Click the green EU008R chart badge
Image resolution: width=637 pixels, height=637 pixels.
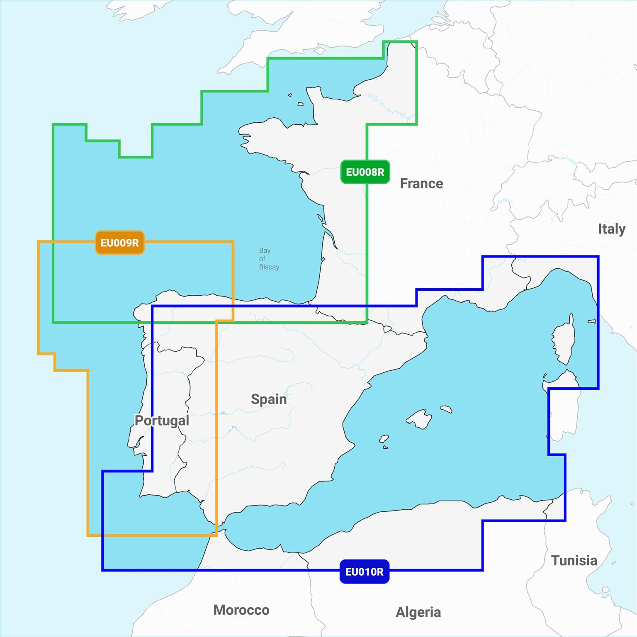tap(365, 172)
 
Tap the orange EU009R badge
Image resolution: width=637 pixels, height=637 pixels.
tap(119, 243)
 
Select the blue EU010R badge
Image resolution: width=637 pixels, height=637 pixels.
tap(364, 572)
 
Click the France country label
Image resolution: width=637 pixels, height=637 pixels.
tap(421, 183)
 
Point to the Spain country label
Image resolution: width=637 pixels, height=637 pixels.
tap(269, 399)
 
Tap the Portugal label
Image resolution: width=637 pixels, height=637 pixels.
tap(162, 420)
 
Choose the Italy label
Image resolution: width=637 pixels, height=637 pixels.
tap(611, 229)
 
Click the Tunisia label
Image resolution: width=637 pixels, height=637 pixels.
tap(574, 560)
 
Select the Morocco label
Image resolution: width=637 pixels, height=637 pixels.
tap(241, 610)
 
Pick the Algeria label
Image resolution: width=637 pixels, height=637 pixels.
tap(418, 612)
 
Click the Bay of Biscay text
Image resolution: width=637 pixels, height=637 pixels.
tap(269, 259)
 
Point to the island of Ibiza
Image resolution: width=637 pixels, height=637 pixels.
tap(384, 438)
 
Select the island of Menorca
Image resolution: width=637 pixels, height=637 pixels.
tap(446, 409)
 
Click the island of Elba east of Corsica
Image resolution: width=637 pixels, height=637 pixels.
tap(592, 321)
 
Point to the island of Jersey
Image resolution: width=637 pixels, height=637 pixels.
tap(300, 104)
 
